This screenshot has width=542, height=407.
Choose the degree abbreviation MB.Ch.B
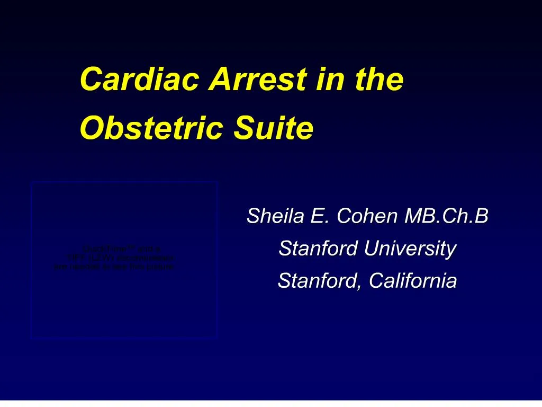click(446, 216)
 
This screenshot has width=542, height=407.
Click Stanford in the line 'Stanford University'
click(312, 248)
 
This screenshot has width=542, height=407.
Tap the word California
click(413, 280)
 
